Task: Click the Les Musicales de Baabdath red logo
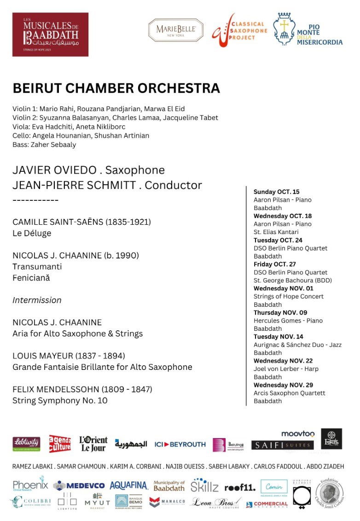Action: click(50, 35)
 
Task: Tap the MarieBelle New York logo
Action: click(176, 30)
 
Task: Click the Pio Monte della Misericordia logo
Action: click(308, 30)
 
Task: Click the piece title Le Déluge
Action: click(32, 233)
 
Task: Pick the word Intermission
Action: click(37, 300)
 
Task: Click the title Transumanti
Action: click(37, 267)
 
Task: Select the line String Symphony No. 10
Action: click(60, 400)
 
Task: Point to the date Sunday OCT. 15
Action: click(276, 192)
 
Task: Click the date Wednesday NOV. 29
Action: click(283, 385)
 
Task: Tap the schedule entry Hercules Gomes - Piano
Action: click(288, 321)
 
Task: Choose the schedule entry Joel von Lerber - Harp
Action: click(286, 369)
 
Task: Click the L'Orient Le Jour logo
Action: click(93, 444)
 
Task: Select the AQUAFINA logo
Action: click(128, 486)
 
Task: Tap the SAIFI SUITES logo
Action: click(282, 445)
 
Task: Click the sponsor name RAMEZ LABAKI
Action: click(32, 467)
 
